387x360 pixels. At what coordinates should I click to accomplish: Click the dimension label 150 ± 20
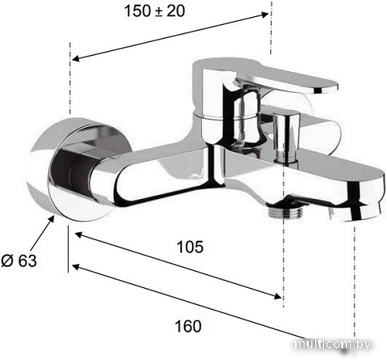155,11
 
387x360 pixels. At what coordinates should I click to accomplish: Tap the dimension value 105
190,247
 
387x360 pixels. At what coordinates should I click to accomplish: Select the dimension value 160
188,326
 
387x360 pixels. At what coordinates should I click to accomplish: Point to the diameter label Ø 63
19,260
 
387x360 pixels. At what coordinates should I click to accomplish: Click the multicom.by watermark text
333,345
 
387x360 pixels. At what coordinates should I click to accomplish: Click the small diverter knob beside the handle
286,137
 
